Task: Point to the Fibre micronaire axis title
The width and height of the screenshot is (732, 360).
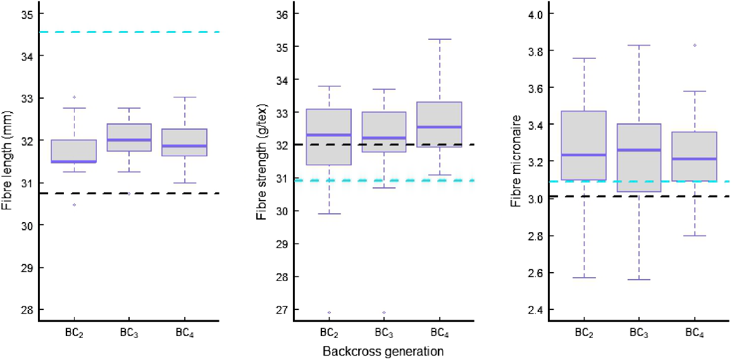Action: [x=516, y=161]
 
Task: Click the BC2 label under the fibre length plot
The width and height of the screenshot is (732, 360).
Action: [x=75, y=332]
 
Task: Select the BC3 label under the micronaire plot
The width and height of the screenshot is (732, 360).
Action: [x=639, y=332]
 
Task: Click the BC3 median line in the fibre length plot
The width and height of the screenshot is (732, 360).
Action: [x=129, y=140]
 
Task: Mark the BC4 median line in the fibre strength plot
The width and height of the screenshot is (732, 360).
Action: [x=438, y=127]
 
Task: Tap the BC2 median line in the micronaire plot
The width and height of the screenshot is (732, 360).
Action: [x=583, y=155]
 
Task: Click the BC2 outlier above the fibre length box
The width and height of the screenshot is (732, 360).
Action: [x=75, y=97]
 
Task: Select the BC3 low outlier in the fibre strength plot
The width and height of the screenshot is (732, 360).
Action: [x=383, y=313]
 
